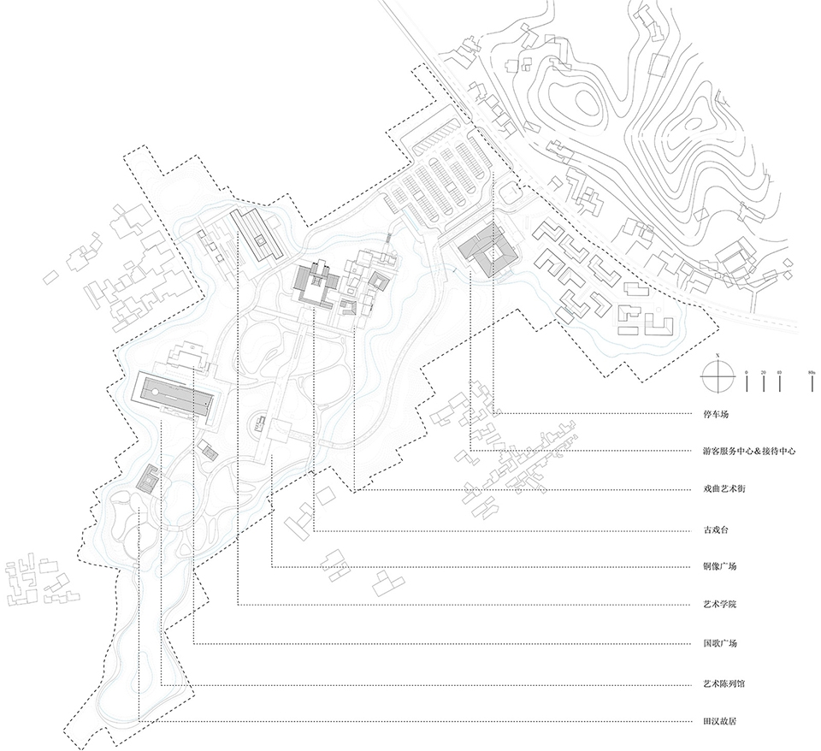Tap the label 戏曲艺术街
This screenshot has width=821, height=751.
click(717, 489)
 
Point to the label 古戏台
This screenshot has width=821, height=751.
click(709, 529)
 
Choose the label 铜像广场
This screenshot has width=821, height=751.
click(713, 567)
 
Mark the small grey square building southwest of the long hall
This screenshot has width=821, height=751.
click(148, 478)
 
